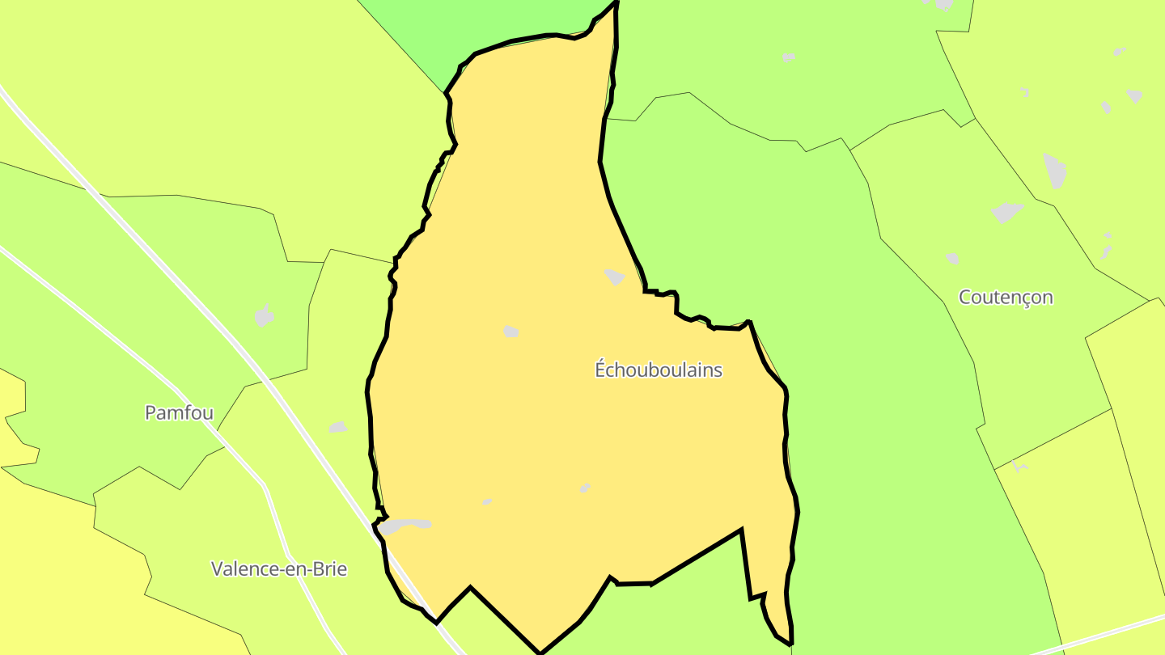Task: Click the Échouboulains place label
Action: coord(659,370)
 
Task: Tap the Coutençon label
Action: coord(1006,297)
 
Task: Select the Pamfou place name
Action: coord(179,413)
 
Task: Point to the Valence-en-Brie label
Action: coord(279,568)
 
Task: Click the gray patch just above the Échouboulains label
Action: coord(615,277)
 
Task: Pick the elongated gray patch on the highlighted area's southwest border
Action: coord(405,526)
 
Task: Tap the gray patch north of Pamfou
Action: coord(264,315)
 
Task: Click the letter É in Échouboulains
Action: coord(600,370)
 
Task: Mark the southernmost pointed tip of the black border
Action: coord(540,652)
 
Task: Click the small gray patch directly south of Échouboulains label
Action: coord(584,488)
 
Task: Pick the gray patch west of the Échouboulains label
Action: coord(510,332)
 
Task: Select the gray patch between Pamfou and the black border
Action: coord(338,427)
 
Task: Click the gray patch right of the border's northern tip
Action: coord(789,57)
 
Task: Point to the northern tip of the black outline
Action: coord(616,2)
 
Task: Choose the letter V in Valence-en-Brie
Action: coord(217,568)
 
